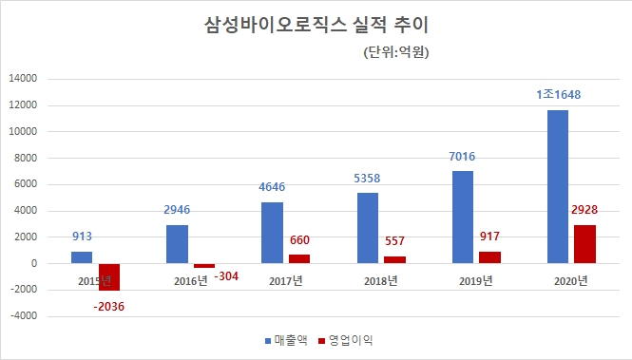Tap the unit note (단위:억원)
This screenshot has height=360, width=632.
(x=396, y=53)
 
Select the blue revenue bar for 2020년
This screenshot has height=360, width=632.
(x=558, y=186)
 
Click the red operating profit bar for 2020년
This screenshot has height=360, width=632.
(x=584, y=244)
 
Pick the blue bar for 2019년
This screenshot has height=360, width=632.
(x=463, y=217)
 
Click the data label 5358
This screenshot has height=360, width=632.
(x=368, y=178)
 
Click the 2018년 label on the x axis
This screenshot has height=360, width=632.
(x=380, y=279)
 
